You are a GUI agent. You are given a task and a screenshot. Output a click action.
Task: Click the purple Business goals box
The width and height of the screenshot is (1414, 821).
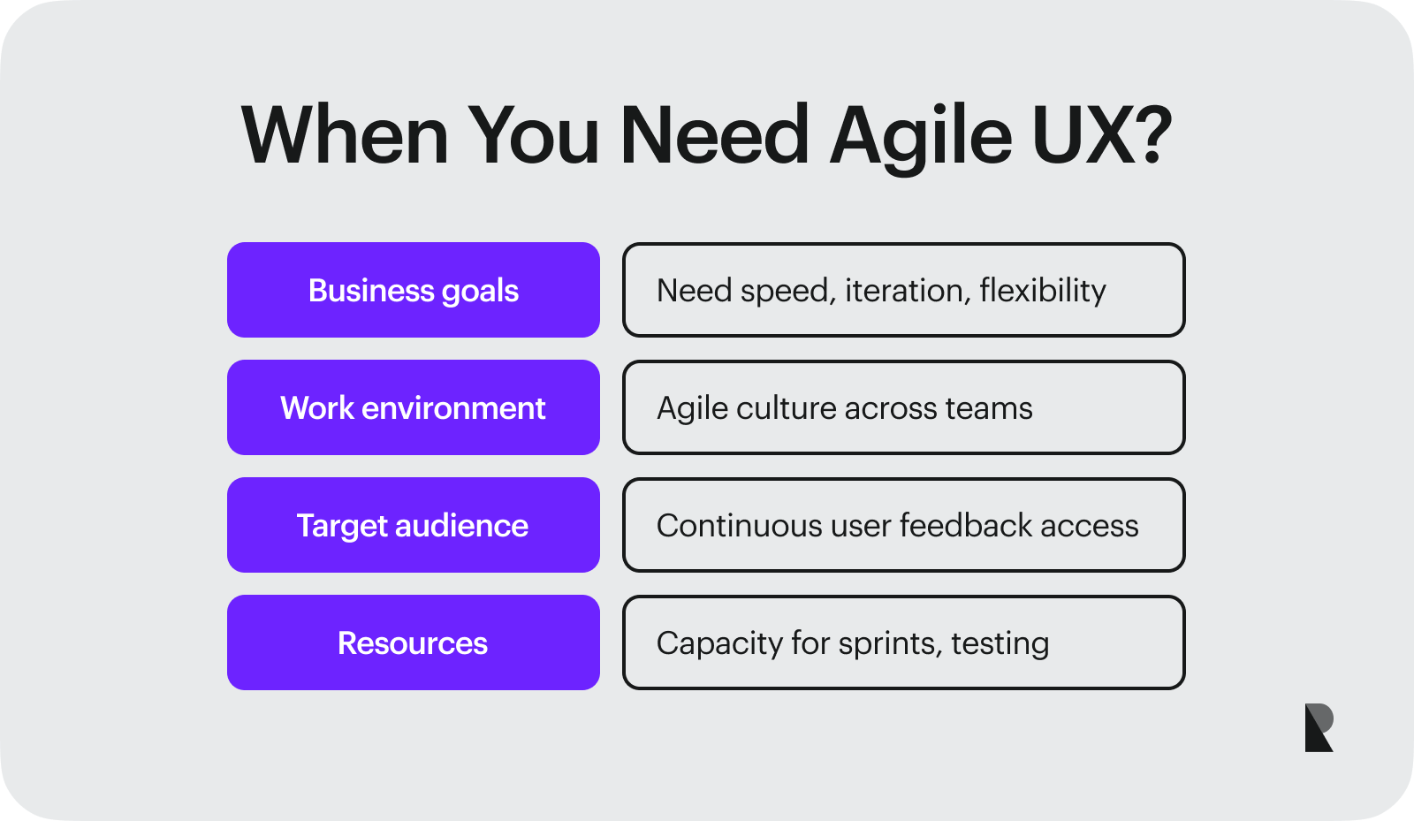413,290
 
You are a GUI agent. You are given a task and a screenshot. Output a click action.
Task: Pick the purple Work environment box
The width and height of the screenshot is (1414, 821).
413,407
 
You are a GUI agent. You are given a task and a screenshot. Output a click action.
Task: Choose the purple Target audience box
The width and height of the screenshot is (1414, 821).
413,525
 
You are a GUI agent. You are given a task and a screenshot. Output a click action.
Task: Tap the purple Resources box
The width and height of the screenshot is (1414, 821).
413,642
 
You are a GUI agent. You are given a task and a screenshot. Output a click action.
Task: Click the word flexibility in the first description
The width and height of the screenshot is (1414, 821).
1043,290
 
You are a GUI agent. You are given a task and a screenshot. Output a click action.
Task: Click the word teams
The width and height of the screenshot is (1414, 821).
988,408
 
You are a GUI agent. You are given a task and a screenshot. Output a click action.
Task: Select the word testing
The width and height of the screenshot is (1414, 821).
1000,643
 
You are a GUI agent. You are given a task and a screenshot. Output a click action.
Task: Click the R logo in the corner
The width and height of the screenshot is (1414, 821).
1319,727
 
